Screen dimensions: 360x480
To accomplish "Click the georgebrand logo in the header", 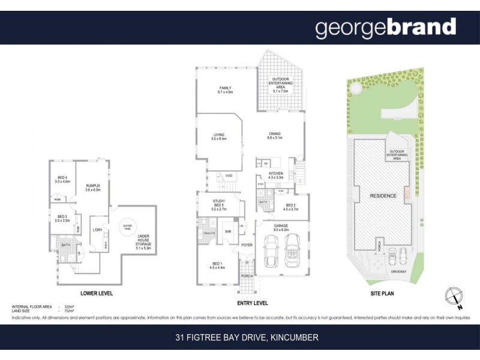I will [x=385, y=28].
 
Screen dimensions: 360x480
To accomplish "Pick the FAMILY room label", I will [x=225, y=91].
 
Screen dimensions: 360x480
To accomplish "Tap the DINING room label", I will [x=275, y=136].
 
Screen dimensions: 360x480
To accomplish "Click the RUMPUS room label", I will [x=92, y=187].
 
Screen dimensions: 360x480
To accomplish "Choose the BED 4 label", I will [x=62, y=179].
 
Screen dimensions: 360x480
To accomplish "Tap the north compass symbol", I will [x=454, y=297].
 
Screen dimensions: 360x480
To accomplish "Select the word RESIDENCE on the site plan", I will [x=383, y=196].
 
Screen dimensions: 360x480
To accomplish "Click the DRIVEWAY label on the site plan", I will [x=397, y=271].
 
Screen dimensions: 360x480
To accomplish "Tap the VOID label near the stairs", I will [x=229, y=175].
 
